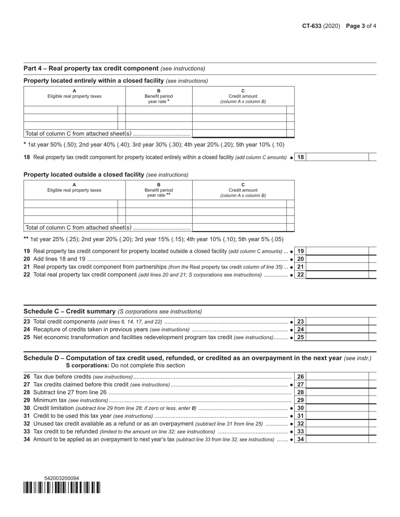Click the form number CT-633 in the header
pos(312,26)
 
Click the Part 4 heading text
pos(91,69)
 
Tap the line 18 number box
pos(300,157)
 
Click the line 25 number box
pos(300,337)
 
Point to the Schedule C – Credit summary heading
pos(69,311)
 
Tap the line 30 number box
pos(300,408)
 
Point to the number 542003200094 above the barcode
pos(61,478)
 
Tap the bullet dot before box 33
pos(291,432)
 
